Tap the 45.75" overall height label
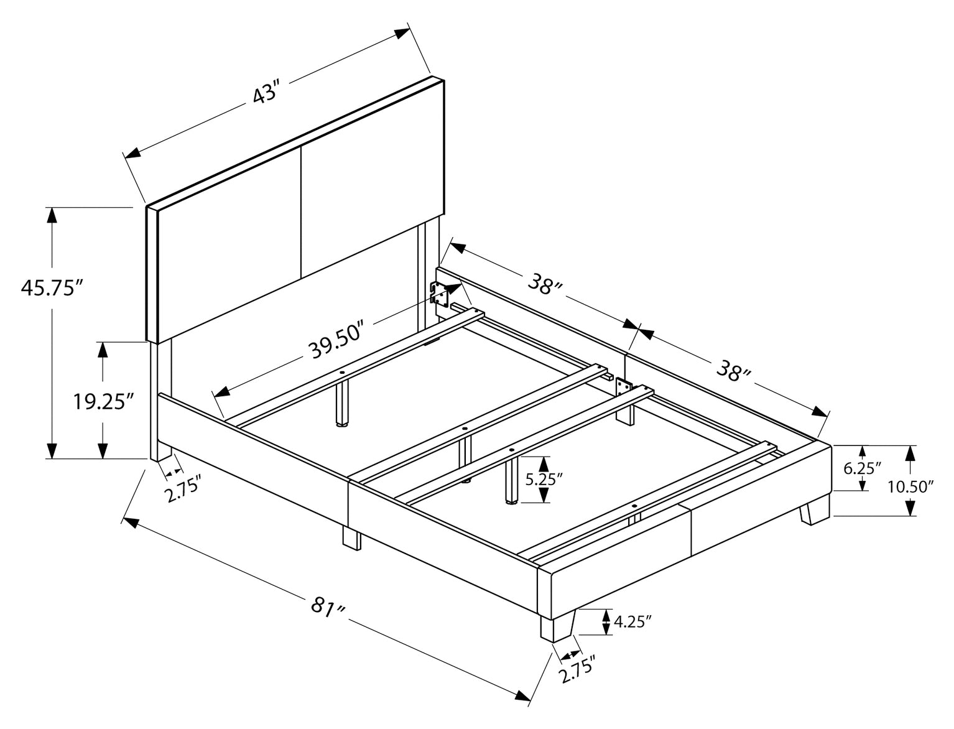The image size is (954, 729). coord(52,289)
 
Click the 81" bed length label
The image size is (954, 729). coord(326,606)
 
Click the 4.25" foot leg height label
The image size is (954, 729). coord(632,621)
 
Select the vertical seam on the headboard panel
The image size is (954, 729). coord(301,211)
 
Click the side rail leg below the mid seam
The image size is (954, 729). coord(351,538)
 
